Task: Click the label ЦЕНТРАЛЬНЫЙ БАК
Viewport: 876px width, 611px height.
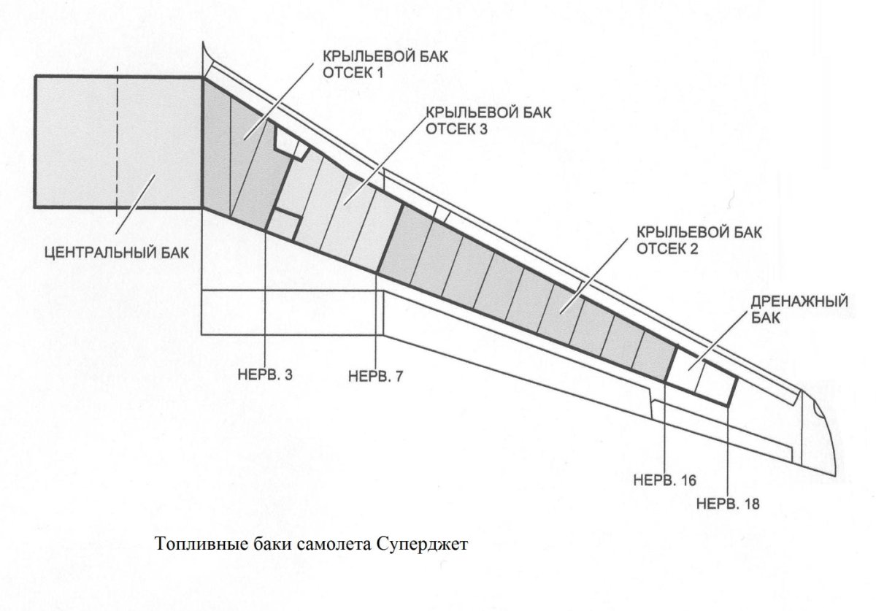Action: tap(116, 253)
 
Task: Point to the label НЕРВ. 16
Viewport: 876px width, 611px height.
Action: tap(666, 480)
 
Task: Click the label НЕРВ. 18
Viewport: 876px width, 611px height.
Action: tap(729, 504)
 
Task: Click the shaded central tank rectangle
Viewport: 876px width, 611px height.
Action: tap(73, 142)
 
